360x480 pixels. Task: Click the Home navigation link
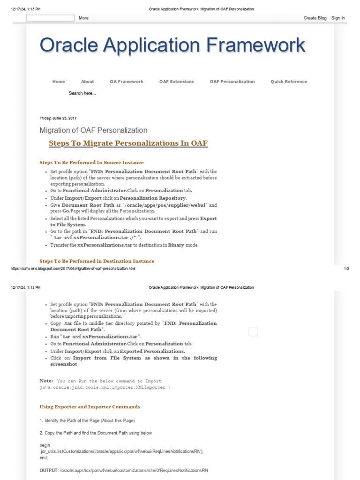click(59, 82)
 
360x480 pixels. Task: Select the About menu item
click(87, 82)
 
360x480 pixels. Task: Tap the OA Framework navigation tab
click(127, 82)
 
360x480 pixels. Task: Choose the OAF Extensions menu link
click(176, 82)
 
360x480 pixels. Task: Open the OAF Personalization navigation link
click(232, 82)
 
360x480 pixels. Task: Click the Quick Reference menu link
click(289, 82)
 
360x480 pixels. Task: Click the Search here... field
click(82, 93)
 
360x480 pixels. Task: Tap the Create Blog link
click(315, 18)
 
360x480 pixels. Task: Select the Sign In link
click(338, 18)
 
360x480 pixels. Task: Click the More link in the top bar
click(83, 18)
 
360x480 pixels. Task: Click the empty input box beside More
click(50, 18)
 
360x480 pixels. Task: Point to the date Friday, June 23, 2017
click(58, 118)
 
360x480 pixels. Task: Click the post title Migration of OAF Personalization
click(93, 130)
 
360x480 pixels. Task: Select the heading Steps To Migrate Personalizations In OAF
click(128, 143)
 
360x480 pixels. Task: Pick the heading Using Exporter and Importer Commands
click(90, 407)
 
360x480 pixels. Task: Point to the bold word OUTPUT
click(48, 470)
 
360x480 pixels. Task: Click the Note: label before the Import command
click(46, 381)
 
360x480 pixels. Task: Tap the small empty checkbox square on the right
click(253, 332)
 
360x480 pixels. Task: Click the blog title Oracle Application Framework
click(172, 45)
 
